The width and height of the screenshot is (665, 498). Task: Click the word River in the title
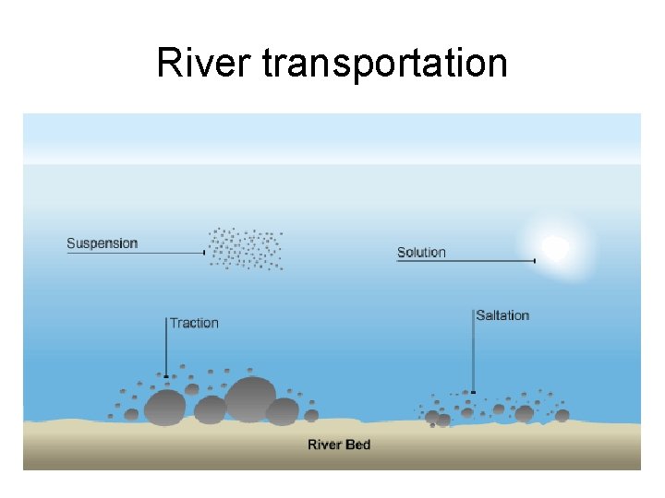tap(204, 64)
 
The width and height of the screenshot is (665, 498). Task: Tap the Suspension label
tap(102, 243)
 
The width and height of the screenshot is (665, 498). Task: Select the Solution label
tap(421, 252)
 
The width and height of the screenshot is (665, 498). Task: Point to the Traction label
tap(194, 323)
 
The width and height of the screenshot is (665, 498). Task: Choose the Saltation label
tap(502, 315)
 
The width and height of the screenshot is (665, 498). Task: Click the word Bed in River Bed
tap(358, 445)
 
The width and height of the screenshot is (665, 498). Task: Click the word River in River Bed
tap(325, 445)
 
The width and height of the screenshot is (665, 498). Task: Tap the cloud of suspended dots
tap(246, 248)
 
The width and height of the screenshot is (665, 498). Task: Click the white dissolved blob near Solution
tap(554, 247)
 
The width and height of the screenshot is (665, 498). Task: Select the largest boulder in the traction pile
tap(249, 397)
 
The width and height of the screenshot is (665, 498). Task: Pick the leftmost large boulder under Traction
tap(165, 406)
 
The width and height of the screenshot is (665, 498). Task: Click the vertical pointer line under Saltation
tap(474, 350)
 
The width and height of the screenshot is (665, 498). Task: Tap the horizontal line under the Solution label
tap(465, 261)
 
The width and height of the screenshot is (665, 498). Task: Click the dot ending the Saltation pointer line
tap(474, 392)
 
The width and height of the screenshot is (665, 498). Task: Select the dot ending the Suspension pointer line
tap(203, 252)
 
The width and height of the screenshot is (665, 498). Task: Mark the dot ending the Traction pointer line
tap(166, 376)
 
